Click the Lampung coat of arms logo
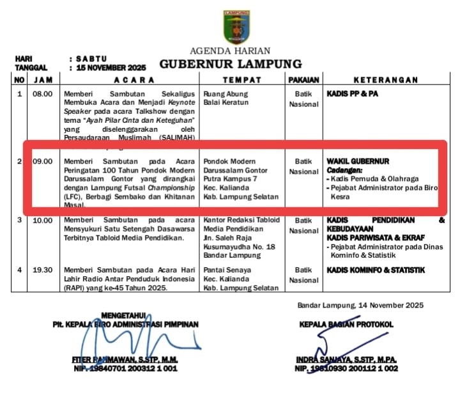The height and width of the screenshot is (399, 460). [x=237, y=27]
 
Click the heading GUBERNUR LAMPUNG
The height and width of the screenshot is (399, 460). [x=230, y=64]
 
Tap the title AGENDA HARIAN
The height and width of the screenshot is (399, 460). [x=230, y=51]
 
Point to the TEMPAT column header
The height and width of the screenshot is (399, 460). [x=241, y=80]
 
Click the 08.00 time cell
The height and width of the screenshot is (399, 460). [x=43, y=94]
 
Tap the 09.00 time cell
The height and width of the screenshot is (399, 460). [x=43, y=161]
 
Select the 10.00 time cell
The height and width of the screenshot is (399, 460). [x=43, y=221]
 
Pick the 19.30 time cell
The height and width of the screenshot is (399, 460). [x=43, y=270]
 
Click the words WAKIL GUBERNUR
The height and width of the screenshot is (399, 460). [x=358, y=161]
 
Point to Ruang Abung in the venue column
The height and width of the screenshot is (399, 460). [x=225, y=94]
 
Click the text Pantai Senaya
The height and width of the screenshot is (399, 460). [x=227, y=270]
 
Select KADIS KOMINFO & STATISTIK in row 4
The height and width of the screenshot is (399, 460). [x=376, y=270]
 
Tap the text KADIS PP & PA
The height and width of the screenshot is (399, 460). [x=352, y=94]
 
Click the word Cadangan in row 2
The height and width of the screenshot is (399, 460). [x=345, y=170]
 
